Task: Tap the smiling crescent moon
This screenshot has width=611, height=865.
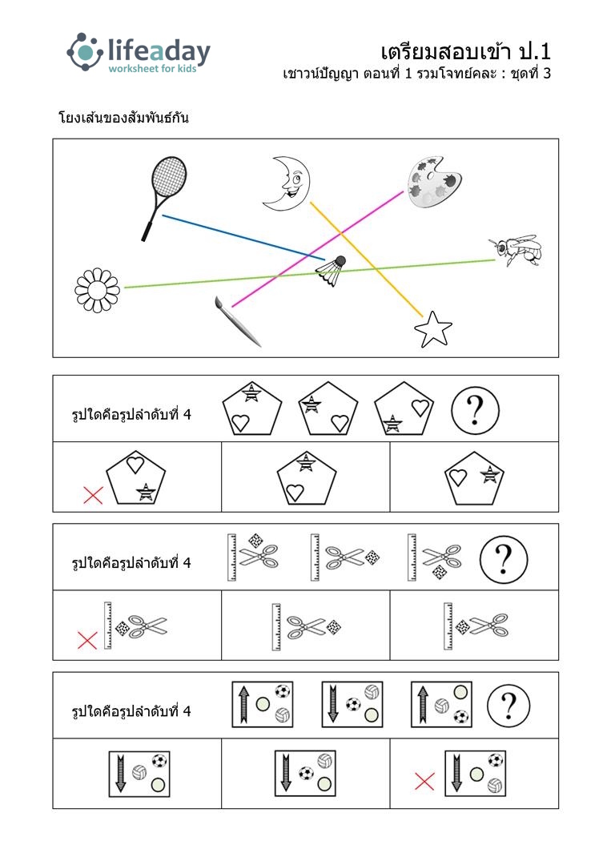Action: pyautogui.click(x=287, y=183)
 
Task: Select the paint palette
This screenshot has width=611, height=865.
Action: pyautogui.click(x=434, y=182)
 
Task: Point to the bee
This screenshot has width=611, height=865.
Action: pyautogui.click(x=515, y=250)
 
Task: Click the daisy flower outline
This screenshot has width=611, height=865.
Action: pyautogui.click(x=97, y=290)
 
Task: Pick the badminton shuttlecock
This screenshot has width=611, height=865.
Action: pyautogui.click(x=332, y=272)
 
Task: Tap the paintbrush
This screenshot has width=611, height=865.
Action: pyautogui.click(x=238, y=322)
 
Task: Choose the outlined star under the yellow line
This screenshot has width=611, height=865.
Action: pyautogui.click(x=433, y=329)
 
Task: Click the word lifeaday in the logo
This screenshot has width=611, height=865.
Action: pyautogui.click(x=159, y=51)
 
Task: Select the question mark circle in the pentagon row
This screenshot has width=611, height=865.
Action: pyautogui.click(x=475, y=410)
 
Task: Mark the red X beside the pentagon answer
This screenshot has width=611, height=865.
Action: pyautogui.click(x=93, y=494)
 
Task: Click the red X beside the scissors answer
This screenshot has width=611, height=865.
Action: pyautogui.click(x=87, y=641)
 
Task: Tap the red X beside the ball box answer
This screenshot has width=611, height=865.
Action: pyautogui.click(x=424, y=781)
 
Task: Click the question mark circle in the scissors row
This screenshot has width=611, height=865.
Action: pyautogui.click(x=503, y=559)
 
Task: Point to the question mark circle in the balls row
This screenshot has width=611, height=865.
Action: pyautogui.click(x=508, y=706)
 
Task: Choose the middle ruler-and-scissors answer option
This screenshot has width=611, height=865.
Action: pyautogui.click(x=306, y=626)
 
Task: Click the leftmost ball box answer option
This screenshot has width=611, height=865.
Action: pyautogui.click(x=139, y=774)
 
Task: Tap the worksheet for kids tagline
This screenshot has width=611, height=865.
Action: pyautogui.click(x=152, y=69)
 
